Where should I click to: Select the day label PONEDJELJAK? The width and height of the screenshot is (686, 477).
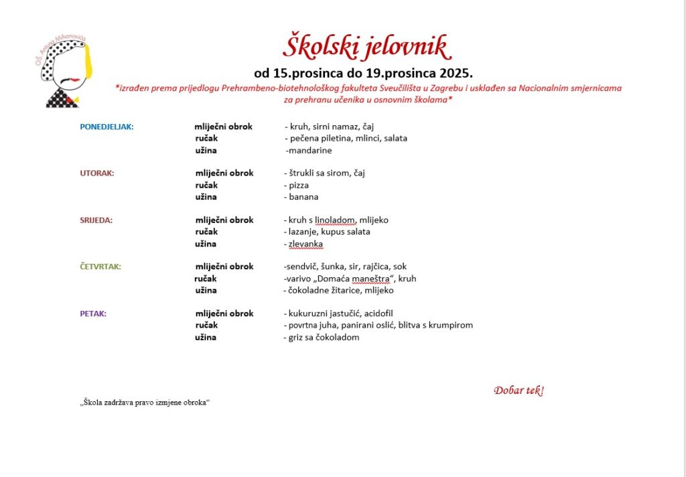pos(107,127)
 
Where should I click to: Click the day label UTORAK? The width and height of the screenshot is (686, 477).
pos(97,173)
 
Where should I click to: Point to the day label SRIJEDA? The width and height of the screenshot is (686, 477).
pos(96,220)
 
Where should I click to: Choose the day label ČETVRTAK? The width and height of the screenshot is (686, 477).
pos(100,267)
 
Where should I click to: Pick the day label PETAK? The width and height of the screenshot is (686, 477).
pos(93,314)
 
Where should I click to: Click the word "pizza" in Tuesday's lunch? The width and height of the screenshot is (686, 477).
pos(299,185)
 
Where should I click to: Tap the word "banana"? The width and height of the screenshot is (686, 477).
pos(303,197)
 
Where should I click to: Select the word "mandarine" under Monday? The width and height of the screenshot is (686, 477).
pos(310,151)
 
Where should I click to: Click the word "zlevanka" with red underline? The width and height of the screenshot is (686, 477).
pos(305,244)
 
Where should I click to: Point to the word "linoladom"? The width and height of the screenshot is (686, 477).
pos(336,220)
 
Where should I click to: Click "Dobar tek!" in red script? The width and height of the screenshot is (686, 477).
pos(519,391)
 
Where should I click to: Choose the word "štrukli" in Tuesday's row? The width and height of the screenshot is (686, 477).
pos(303,173)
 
